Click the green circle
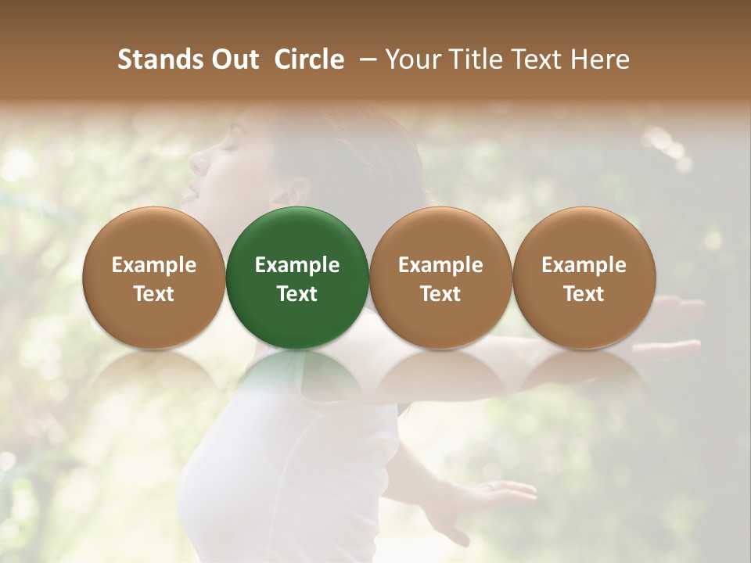click(x=297, y=278)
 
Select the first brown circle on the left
click(x=154, y=278)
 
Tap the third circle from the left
click(x=440, y=278)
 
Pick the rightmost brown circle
click(x=584, y=278)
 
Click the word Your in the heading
click(x=411, y=59)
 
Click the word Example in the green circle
click(x=297, y=265)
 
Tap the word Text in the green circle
click(x=297, y=294)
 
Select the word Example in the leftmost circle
click(x=154, y=265)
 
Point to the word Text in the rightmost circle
click(x=584, y=294)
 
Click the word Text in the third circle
click(x=440, y=294)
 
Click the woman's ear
click(x=295, y=190)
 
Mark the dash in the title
click(x=365, y=59)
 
